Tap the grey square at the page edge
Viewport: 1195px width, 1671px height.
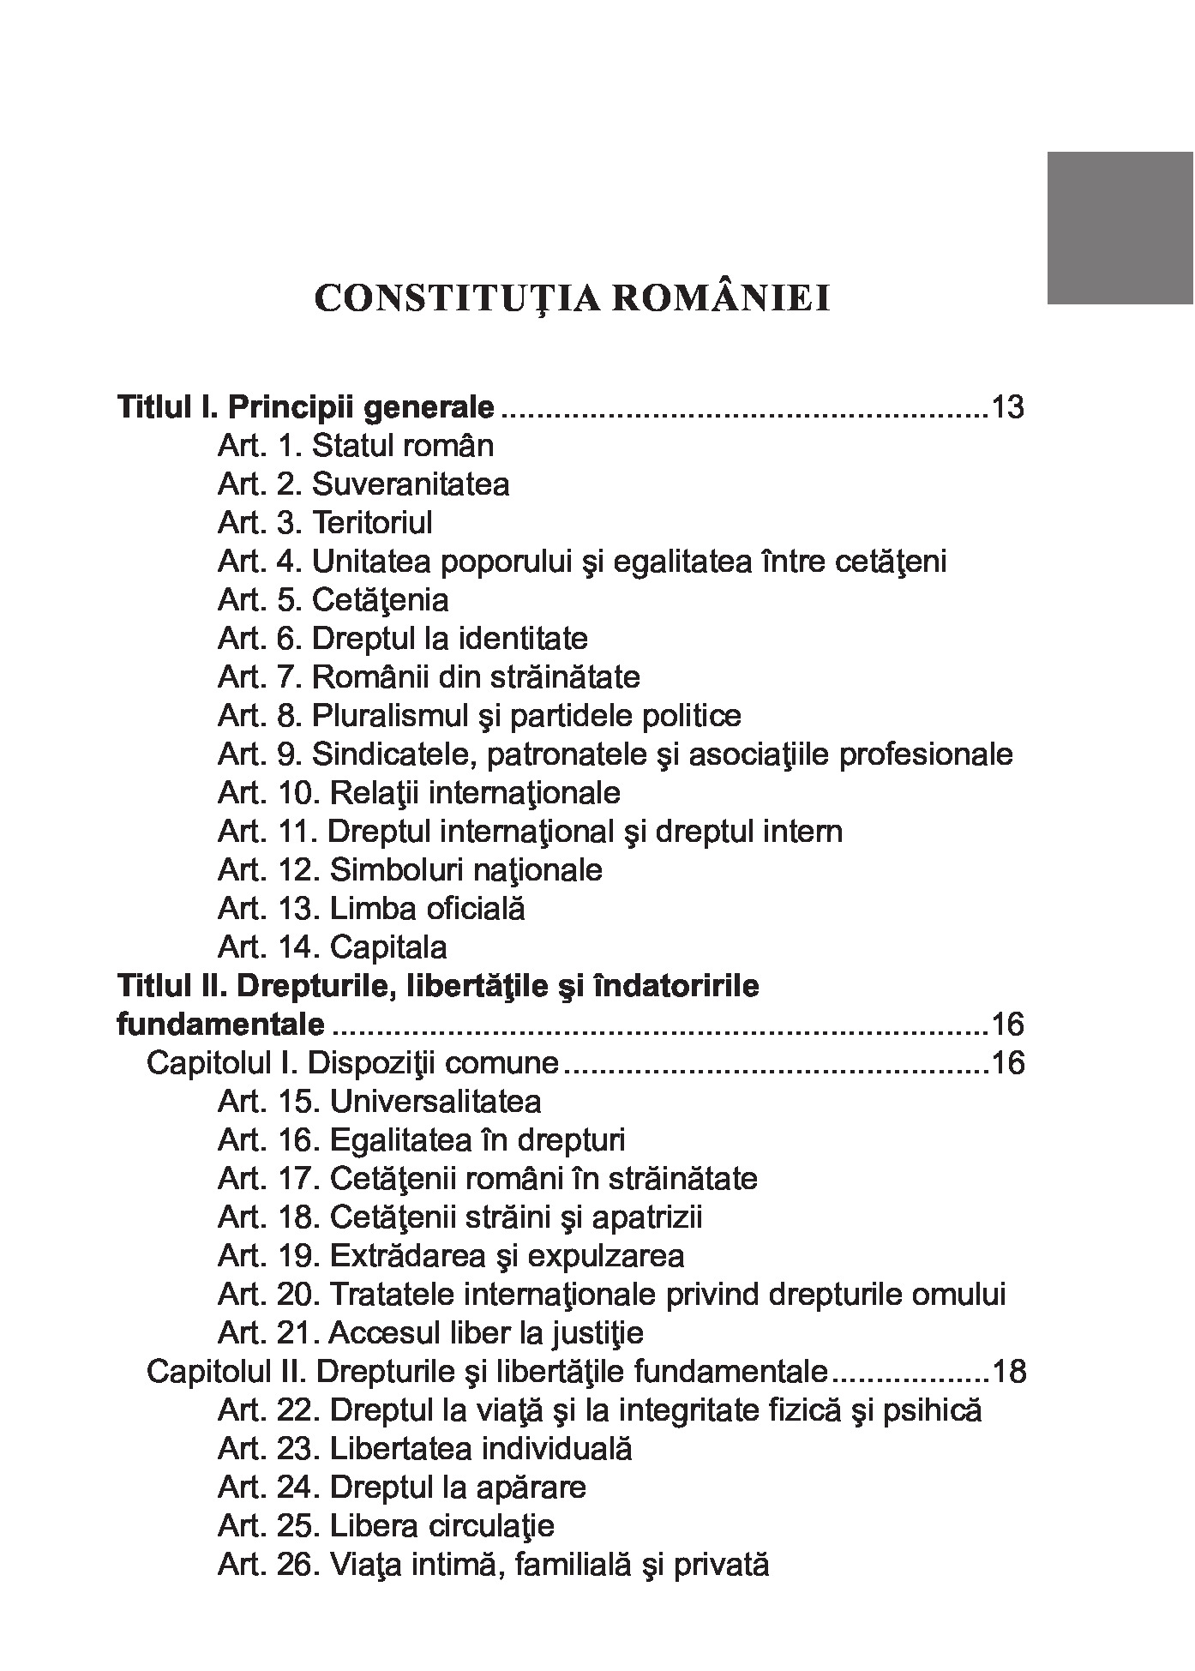[1120, 227]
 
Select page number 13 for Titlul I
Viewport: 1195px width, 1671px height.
[1007, 407]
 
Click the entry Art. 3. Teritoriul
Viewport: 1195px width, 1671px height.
[325, 523]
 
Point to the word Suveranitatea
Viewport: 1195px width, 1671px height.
[411, 484]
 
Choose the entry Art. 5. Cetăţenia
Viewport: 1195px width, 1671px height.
[333, 600]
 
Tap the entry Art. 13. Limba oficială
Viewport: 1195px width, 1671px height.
[371, 909]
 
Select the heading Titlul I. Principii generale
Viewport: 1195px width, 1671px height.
[305, 407]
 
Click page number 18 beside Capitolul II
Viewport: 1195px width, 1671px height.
[1008, 1372]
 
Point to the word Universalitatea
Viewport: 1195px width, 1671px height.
[435, 1102]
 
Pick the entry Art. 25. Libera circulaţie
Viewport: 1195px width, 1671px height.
[386, 1526]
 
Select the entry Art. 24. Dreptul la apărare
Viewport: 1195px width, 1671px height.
[402, 1488]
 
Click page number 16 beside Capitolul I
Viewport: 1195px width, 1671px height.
[1007, 1063]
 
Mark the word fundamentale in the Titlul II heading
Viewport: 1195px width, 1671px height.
[220, 1025]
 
